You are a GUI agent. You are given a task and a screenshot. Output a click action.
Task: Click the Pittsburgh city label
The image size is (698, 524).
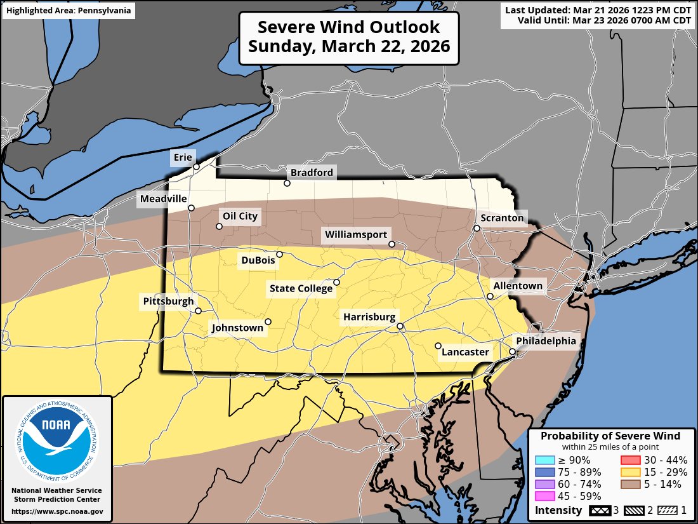coord(168,301)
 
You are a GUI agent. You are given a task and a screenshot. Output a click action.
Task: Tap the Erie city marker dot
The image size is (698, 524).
coord(197,167)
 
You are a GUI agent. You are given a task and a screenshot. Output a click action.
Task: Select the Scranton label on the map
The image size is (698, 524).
coord(502,218)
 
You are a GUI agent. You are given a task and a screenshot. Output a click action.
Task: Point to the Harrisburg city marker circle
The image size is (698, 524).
coord(400,326)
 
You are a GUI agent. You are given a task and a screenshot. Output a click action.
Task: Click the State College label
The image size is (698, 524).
coord(301,289)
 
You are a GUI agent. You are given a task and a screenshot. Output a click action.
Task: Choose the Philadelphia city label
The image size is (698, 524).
coord(546,341)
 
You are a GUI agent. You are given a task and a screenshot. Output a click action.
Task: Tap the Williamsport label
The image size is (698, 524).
coord(356,234)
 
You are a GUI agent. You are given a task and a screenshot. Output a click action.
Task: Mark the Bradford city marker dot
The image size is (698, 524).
coord(287,184)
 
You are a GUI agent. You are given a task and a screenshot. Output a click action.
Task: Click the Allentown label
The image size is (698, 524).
coord(518,286)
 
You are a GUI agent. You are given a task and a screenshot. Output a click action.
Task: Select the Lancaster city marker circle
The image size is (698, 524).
coord(438,346)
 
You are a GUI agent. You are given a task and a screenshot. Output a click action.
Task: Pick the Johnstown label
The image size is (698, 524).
coord(237,328)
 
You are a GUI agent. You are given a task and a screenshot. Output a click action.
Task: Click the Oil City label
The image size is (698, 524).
coord(240,216)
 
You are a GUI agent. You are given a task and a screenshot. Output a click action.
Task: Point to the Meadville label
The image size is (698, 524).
coord(163,199)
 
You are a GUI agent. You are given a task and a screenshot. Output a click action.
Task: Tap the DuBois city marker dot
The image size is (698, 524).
coord(279,254)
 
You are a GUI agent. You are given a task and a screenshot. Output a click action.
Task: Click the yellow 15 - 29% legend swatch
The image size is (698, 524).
coord(626,472)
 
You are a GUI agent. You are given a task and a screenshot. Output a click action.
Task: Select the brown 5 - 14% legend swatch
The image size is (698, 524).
coord(626,484)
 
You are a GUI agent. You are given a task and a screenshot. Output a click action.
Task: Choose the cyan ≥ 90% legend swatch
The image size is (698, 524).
coord(544,460)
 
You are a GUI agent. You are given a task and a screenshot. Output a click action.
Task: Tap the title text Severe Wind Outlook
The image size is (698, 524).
coord(348,27)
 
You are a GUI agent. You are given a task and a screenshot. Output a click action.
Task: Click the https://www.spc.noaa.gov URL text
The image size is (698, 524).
coord(57,511)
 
